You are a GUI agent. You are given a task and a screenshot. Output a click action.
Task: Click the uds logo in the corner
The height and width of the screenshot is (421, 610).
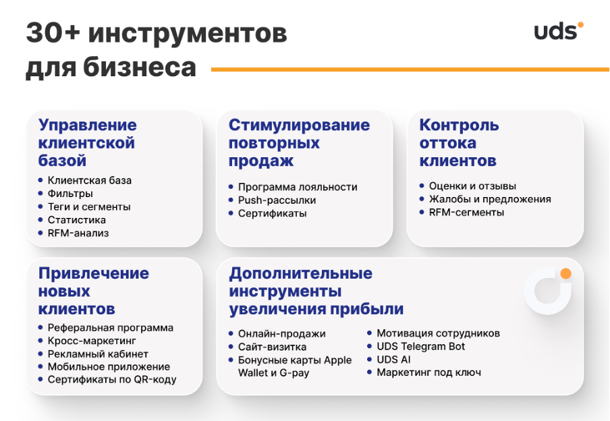coord(558,31)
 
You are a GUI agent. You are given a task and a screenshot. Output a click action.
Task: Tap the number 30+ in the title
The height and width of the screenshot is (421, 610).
coord(53,34)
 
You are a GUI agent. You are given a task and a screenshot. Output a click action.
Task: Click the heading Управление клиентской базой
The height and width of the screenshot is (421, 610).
coord(87,143)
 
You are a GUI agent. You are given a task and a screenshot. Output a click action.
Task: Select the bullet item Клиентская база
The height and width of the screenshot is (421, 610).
coord(89,181)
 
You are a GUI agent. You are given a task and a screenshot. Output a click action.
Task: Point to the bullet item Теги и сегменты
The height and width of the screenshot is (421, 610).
coord(88,207)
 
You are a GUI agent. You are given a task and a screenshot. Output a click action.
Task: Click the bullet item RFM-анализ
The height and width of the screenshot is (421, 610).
coord(78,233)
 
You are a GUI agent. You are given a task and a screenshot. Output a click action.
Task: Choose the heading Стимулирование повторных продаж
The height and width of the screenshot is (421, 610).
coord(299,143)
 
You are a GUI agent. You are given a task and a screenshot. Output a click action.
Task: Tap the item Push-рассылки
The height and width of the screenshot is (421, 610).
coord(277,200)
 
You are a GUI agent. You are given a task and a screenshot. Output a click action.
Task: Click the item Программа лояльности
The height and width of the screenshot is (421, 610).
coord(297,187)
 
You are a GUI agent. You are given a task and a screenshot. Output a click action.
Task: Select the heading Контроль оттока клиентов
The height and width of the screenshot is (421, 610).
coord(458,143)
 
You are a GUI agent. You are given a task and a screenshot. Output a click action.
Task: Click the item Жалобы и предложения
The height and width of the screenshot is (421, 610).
coord(489,200)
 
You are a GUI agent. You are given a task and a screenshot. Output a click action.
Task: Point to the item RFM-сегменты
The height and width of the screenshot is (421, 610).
coord(466,213)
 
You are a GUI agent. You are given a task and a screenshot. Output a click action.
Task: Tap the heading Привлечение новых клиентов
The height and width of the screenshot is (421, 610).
coord(93,291)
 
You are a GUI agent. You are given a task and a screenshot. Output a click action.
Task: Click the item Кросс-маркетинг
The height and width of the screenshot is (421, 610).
coord(92,341)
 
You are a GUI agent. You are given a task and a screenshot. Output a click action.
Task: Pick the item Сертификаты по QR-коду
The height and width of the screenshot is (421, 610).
coord(111,380)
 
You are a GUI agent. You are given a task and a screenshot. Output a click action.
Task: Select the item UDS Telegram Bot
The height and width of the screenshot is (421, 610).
coord(420,347)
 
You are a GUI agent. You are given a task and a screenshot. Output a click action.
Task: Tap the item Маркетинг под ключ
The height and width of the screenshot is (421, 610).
coord(428,372)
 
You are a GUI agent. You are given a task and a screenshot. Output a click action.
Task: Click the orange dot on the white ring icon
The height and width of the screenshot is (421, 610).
coord(565,274)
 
